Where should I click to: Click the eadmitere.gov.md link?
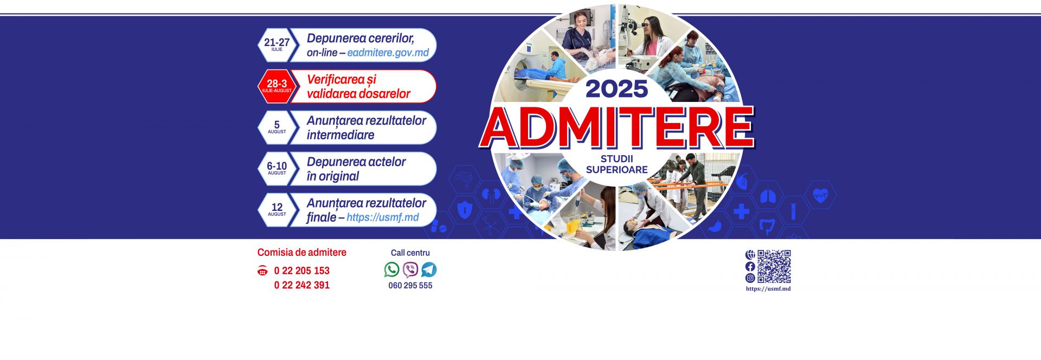388,53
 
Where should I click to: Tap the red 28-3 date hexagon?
277,86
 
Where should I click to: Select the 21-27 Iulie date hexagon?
277,45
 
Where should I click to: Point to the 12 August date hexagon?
277,210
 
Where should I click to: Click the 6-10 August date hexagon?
277,169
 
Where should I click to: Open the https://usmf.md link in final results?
383,217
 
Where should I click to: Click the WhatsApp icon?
391,269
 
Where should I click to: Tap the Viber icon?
410,269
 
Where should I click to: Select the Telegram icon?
429,269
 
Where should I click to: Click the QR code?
774,266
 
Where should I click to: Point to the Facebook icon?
750,266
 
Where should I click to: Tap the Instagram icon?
750,278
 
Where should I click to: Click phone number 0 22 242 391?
302,285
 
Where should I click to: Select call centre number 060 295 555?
410,286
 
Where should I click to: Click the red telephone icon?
262,271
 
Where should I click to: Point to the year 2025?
617,89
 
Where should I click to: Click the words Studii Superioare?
617,164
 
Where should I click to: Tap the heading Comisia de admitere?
302,253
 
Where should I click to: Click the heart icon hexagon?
821,195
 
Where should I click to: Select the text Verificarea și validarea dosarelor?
358,87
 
